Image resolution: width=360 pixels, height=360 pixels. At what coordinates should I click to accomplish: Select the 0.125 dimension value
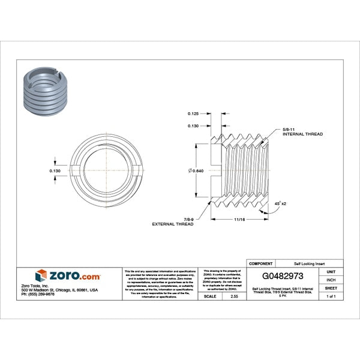193,113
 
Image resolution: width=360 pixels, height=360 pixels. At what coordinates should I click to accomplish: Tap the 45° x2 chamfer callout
280,204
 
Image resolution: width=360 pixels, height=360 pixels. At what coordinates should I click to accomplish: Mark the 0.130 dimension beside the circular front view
55,171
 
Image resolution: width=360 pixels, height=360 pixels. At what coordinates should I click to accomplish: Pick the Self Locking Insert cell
309,263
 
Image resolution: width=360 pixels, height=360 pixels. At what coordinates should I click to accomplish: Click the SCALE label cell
210,296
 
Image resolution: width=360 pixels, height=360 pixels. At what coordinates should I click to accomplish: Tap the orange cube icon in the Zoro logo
41,275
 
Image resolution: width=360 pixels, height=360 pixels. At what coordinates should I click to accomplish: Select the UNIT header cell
331,272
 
